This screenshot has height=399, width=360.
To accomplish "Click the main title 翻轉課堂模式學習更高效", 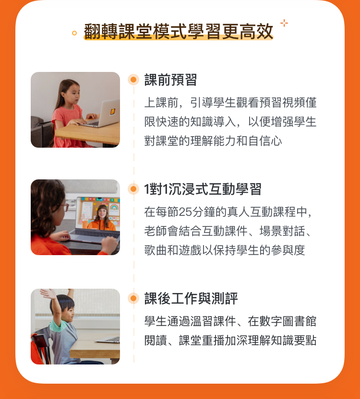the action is tap(179, 32).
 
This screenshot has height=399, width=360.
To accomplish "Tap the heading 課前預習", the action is tap(170, 80).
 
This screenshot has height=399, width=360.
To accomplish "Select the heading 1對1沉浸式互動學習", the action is tap(203, 189).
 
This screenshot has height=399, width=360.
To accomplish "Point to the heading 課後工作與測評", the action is tap(191, 298).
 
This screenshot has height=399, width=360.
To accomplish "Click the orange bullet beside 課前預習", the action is tap(133, 80).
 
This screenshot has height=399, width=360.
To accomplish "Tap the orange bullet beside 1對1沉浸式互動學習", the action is tap(133, 189).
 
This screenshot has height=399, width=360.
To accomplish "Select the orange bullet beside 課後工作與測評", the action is tap(133, 298).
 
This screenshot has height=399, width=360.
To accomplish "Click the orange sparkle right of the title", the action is tap(284, 23).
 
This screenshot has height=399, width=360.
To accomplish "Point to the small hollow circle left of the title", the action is tap(74, 33).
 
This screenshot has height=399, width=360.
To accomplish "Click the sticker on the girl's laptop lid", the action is tap(112, 111).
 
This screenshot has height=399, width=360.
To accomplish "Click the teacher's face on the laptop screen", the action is tap(102, 213).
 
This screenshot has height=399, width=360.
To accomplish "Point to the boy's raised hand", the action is tap(48, 294).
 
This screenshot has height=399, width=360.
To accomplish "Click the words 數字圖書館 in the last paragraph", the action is tap(288, 321).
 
